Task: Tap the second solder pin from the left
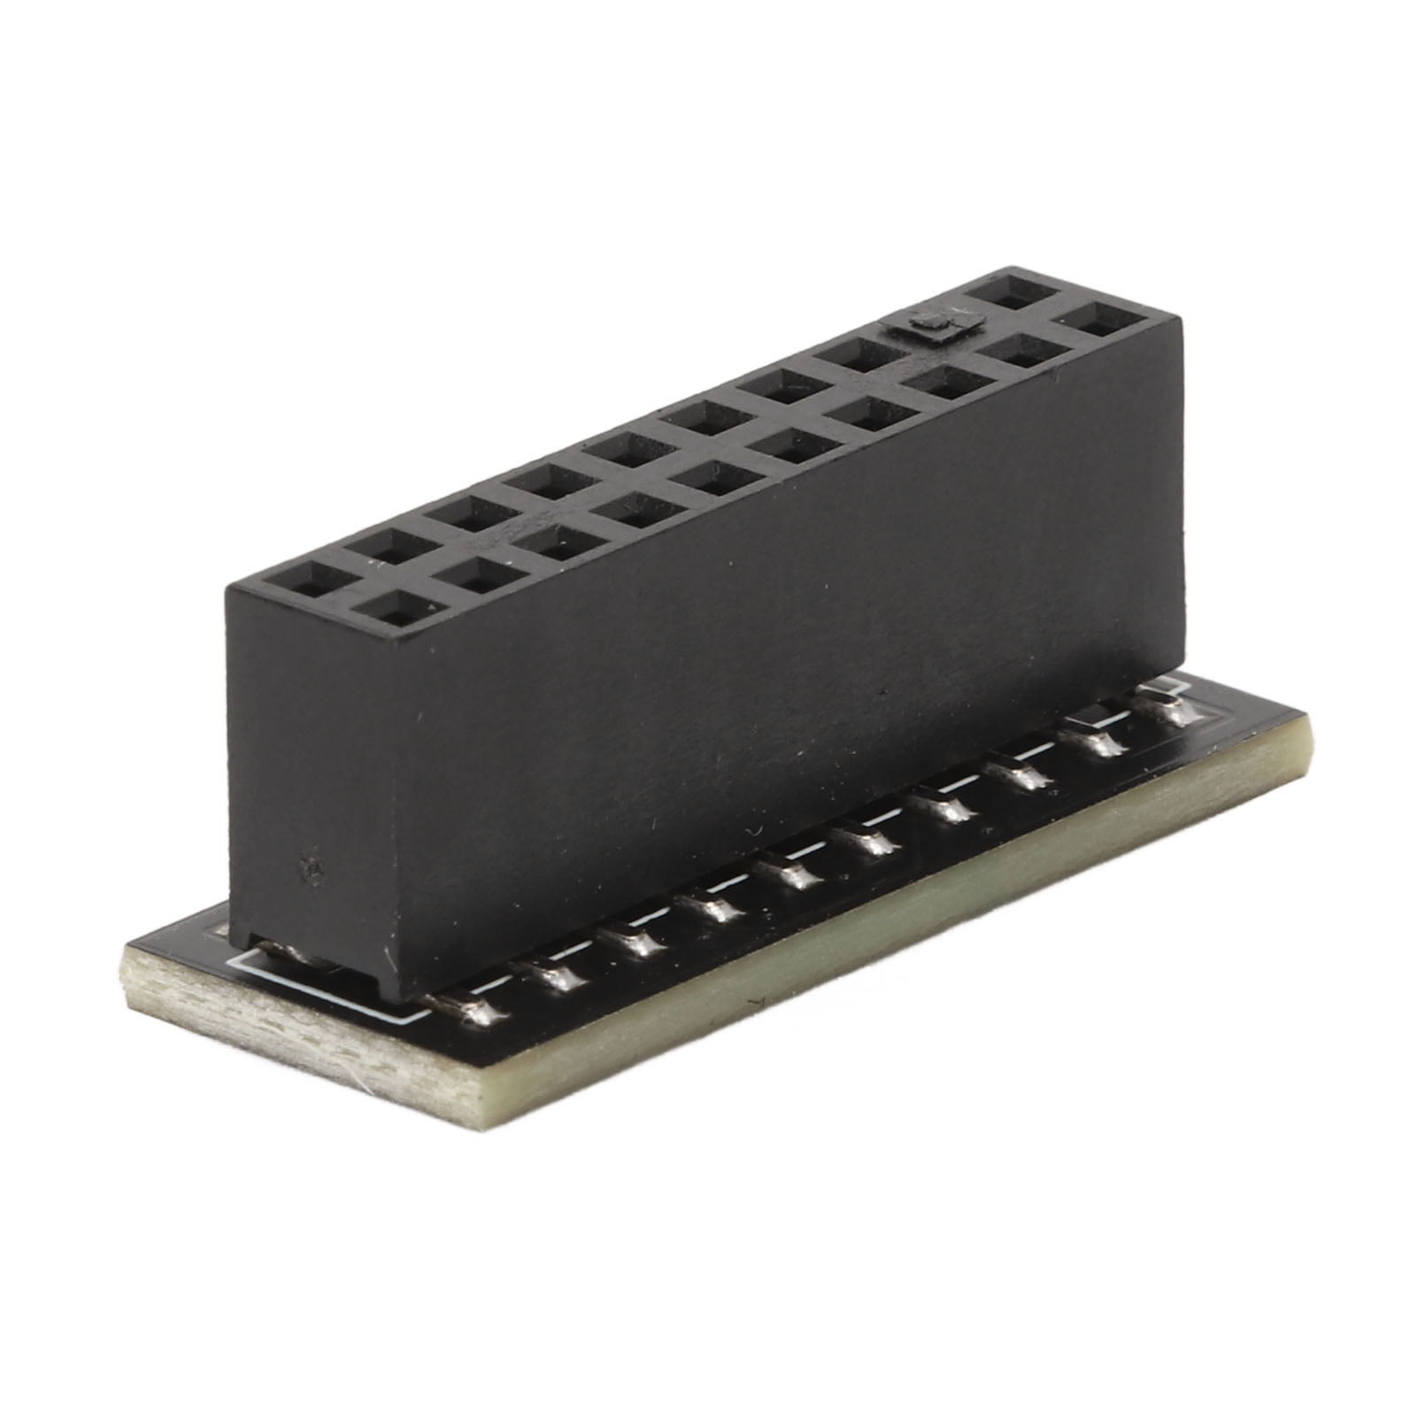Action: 558,973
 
